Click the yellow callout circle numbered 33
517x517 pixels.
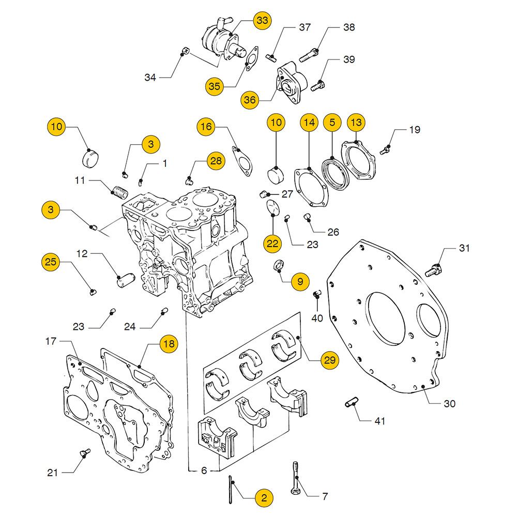[x=262, y=21]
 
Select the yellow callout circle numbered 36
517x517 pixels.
[x=250, y=100]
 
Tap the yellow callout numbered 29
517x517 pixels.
[x=329, y=360]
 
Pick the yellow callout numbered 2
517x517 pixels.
[x=264, y=498]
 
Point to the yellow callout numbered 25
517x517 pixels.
[x=50, y=263]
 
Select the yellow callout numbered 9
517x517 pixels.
[x=299, y=281]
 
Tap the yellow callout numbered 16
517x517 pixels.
[x=206, y=126]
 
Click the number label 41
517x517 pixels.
[x=380, y=421]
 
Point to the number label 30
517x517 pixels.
[x=449, y=403]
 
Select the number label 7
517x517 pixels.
[x=325, y=497]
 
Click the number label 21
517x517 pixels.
[x=53, y=472]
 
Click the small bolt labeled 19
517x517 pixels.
[x=385, y=149]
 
